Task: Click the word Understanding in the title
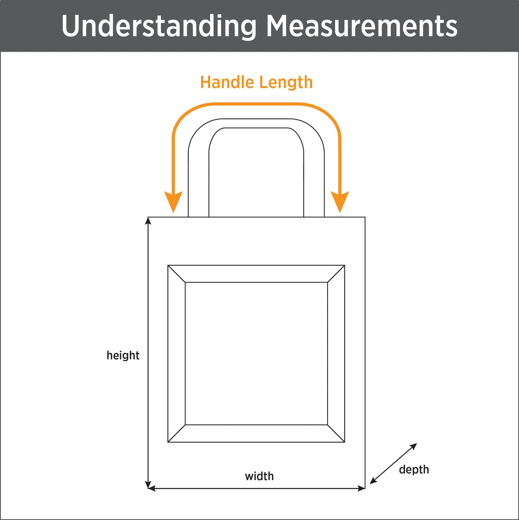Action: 158,26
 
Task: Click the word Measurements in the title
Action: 362,26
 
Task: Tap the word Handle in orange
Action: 227,82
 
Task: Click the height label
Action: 123,355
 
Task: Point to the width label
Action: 259,477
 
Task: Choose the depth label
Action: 414,470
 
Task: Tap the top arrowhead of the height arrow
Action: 148,220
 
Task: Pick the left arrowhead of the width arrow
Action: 152,488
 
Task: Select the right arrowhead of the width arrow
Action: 361,488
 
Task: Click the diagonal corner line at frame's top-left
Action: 176,274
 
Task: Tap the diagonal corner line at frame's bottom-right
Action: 336,433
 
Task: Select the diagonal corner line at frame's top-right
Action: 336,274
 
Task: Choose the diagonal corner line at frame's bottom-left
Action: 176,433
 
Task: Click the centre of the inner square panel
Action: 256,354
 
